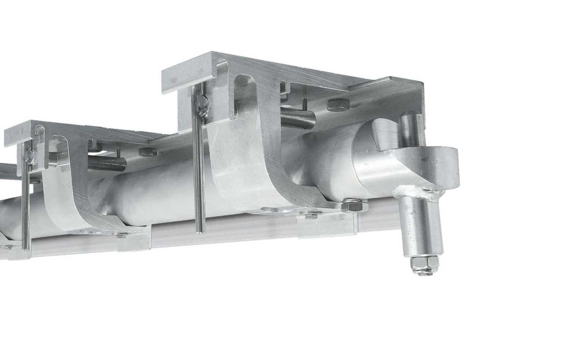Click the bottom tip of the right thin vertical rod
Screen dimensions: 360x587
pos(200,231)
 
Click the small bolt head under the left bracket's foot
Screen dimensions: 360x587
pos(121,235)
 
